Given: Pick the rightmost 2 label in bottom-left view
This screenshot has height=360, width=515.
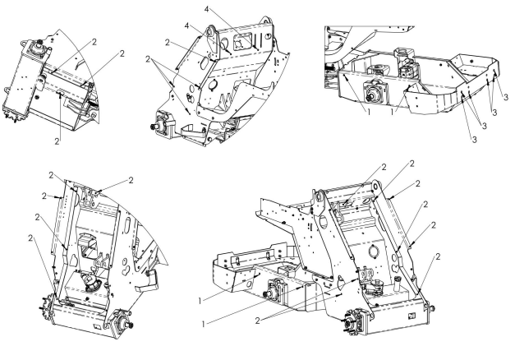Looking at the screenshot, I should click(x=129, y=179).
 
